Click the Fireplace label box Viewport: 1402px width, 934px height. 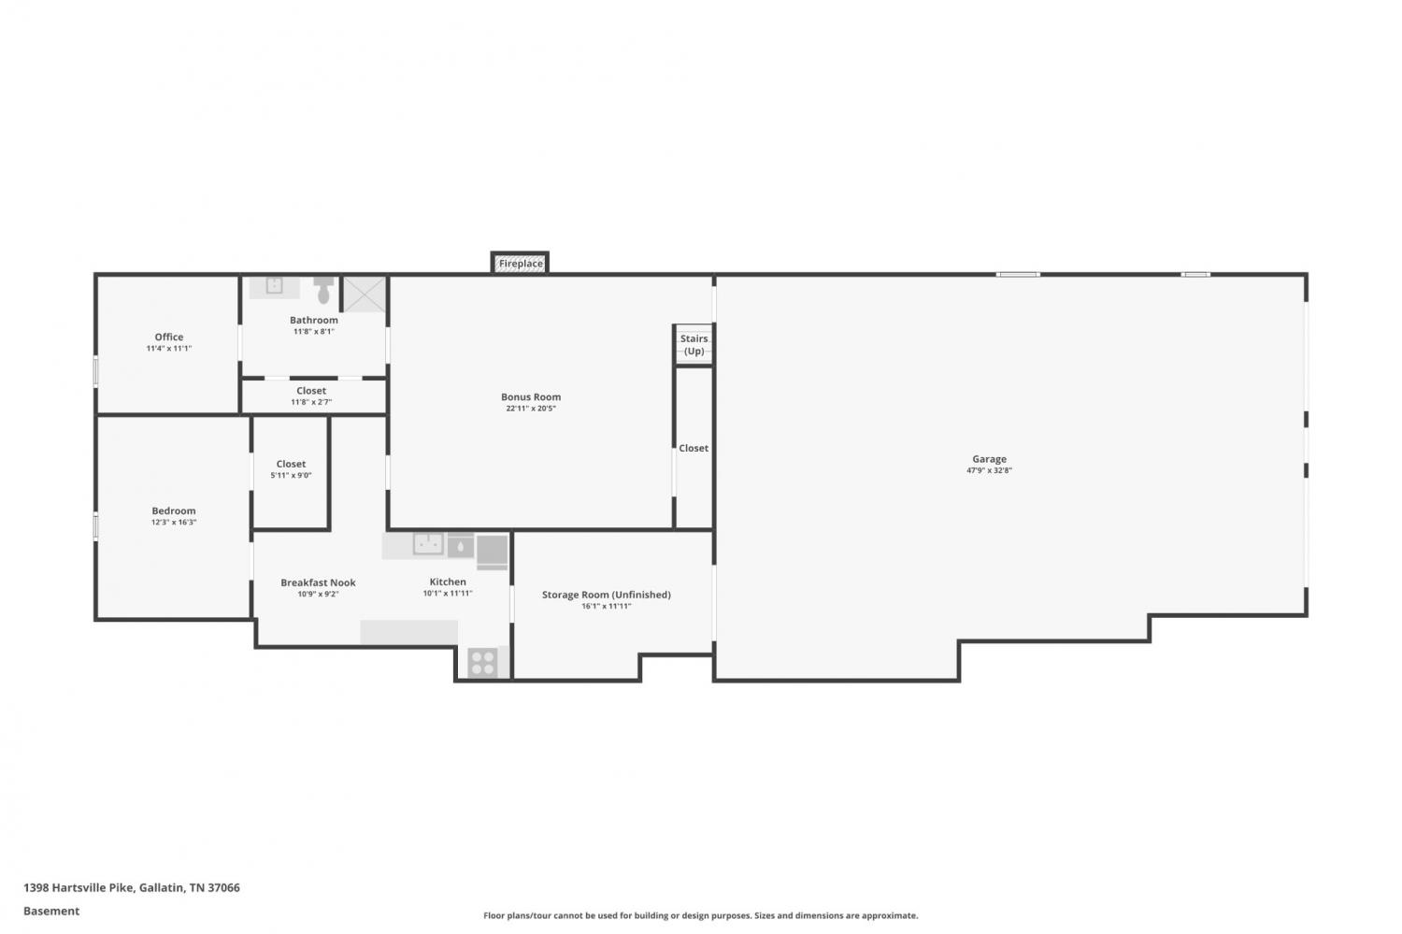(520, 263)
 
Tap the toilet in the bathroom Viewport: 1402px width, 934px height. (323, 290)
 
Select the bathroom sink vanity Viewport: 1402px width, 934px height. (274, 287)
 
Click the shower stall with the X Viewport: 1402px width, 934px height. (365, 295)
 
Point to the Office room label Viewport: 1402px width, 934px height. (169, 337)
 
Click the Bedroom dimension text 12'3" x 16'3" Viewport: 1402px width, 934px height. (173, 522)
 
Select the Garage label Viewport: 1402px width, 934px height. (989, 459)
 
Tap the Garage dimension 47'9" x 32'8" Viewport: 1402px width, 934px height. (989, 470)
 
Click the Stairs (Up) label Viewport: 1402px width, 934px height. (694, 344)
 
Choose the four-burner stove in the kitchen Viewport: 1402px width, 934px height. (482, 662)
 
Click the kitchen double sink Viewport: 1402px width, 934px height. (428, 543)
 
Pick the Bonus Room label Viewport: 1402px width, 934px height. (531, 397)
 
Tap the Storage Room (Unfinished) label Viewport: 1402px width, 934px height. (606, 595)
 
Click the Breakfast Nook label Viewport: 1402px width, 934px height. (318, 582)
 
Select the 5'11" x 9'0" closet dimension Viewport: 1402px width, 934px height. (291, 475)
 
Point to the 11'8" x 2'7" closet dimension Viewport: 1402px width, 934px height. (311, 402)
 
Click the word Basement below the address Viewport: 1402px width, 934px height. (51, 911)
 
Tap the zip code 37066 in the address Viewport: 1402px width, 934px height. (223, 887)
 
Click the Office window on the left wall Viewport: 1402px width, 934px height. (95, 370)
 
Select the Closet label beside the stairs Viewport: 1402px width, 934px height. (694, 448)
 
